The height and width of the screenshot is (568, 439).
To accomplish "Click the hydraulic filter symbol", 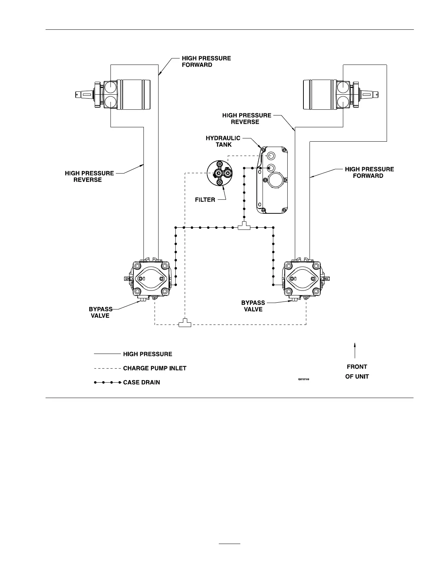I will click(x=219, y=174).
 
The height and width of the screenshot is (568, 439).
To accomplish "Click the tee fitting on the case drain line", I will click(x=244, y=226).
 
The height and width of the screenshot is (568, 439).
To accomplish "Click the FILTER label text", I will click(x=205, y=200).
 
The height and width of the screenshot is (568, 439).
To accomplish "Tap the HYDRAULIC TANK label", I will click(x=223, y=141).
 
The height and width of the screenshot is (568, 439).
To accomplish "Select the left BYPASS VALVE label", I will click(x=100, y=312).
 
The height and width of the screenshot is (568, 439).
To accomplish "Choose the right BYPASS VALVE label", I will click(x=253, y=306).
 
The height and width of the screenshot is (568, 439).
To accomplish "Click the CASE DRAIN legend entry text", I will click(x=142, y=383).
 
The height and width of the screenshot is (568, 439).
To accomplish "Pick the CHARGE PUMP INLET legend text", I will click(x=155, y=368).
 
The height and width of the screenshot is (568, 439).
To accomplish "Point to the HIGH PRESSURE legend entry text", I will click(x=147, y=354).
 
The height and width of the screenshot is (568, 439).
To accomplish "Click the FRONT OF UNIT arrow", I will click(x=355, y=350).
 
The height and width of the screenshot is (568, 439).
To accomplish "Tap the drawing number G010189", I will click(x=303, y=379).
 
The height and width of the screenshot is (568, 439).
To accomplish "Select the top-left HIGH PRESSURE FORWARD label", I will click(x=206, y=61).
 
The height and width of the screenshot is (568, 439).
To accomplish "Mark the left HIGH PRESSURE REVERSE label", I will click(x=89, y=176).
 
